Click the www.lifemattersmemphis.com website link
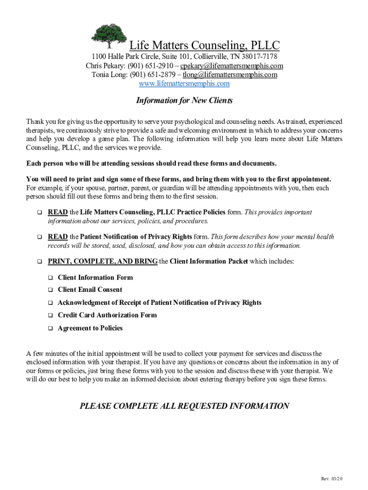pos(184,84)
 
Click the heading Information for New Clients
pos(184,100)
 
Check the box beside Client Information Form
pos(50,278)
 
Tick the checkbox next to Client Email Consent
pos(50,290)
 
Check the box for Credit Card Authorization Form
pos(50,315)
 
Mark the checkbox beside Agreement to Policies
pos(50,329)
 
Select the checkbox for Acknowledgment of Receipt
pos(50,303)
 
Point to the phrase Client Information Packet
pos(209,261)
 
